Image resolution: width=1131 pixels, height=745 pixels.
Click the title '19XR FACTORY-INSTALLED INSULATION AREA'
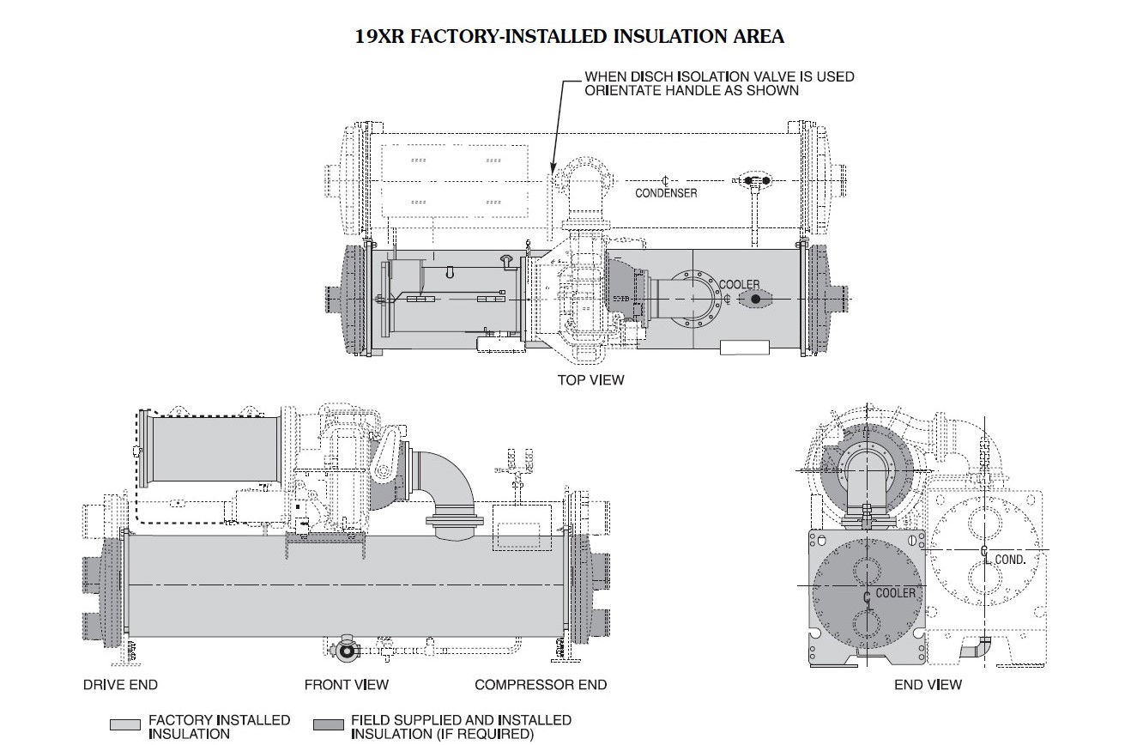tap(569, 36)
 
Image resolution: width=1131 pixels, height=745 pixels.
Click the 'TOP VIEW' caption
tap(590, 379)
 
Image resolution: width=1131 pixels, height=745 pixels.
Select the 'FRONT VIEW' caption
tap(346, 684)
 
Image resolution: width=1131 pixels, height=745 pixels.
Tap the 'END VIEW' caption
tap(927, 684)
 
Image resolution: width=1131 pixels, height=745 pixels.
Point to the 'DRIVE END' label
tap(120, 684)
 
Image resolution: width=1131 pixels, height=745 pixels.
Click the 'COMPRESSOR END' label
tap(541, 684)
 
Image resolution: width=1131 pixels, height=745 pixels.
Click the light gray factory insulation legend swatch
tap(125, 726)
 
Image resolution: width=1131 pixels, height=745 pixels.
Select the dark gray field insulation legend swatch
tap(329, 726)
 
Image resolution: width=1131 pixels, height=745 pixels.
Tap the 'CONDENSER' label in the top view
tap(666, 193)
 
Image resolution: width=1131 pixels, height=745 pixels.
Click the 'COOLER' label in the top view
tap(739, 284)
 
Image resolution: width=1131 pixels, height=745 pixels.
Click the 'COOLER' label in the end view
tap(895, 593)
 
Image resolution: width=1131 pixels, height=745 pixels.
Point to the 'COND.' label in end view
tap(1010, 559)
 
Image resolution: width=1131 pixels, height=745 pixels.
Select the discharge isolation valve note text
tap(719, 83)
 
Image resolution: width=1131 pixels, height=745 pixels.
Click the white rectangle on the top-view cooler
tap(744, 348)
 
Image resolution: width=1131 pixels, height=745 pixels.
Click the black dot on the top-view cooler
tap(755, 299)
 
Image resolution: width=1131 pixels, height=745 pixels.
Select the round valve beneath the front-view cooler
tap(348, 651)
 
